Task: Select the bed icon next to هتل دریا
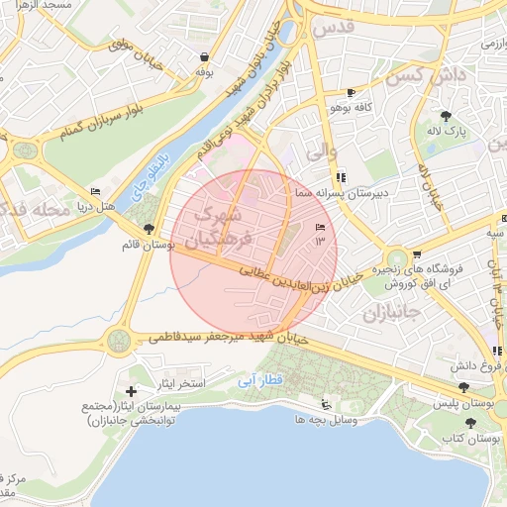(96, 190)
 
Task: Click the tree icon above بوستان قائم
(148, 230)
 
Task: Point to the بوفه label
(205, 72)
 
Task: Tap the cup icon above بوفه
(204, 57)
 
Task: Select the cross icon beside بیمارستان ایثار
(132, 392)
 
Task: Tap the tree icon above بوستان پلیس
(464, 387)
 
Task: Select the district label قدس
(333, 29)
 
